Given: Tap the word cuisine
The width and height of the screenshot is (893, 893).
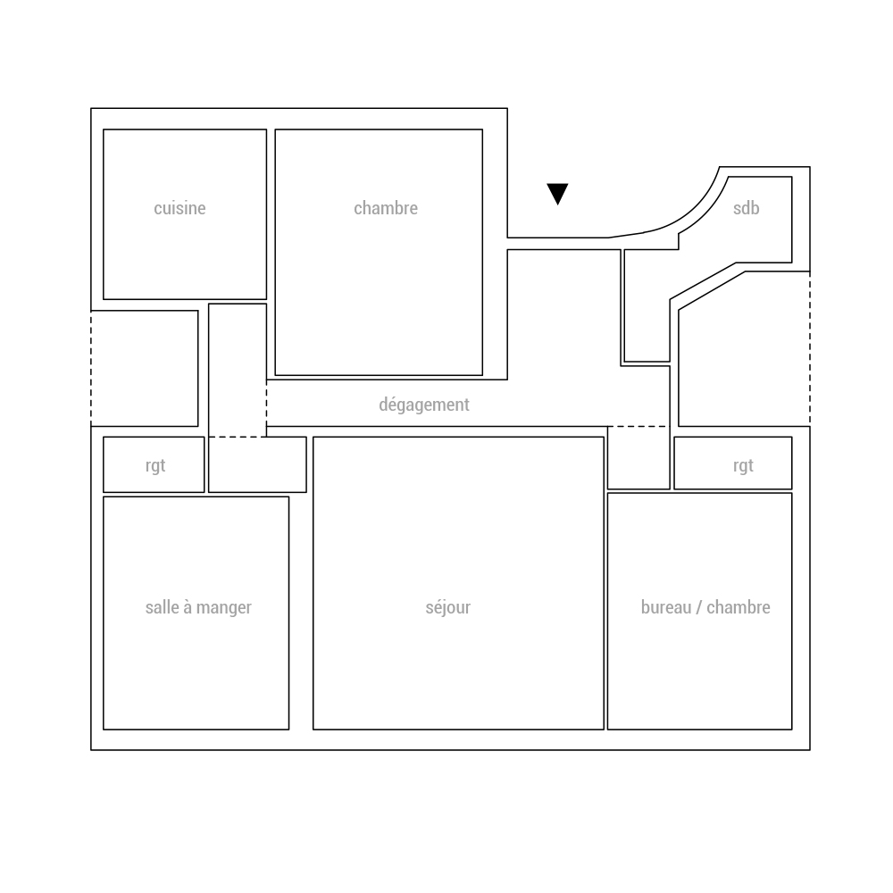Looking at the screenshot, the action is click(179, 208).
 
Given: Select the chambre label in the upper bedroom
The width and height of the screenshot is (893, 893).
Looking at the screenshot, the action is click(386, 208).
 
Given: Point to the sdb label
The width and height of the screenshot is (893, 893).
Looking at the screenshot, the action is click(746, 208).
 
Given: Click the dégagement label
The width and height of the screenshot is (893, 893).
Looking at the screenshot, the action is click(423, 405).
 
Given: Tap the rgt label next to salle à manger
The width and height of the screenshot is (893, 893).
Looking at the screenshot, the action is click(154, 466).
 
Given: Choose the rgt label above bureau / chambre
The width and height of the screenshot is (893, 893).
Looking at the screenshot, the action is click(743, 466).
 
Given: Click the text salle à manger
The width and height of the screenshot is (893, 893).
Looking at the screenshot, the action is click(198, 607).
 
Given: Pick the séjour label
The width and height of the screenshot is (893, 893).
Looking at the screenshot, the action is click(447, 607).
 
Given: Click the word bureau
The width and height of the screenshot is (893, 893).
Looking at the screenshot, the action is click(666, 607).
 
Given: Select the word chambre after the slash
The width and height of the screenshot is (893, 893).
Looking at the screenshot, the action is click(739, 607).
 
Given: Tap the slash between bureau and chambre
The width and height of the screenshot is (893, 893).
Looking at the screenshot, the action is click(699, 607).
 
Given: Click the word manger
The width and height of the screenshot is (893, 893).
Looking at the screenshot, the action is click(224, 607).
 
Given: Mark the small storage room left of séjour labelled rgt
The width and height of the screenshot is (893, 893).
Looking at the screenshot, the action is click(154, 464).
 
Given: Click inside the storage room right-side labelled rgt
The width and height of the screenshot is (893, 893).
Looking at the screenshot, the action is click(733, 463).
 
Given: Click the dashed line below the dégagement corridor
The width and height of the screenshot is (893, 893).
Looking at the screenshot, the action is click(638, 426).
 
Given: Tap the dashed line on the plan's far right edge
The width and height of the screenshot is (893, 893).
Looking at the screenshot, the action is click(810, 348).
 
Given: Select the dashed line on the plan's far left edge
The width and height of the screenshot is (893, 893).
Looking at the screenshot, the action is click(91, 369).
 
